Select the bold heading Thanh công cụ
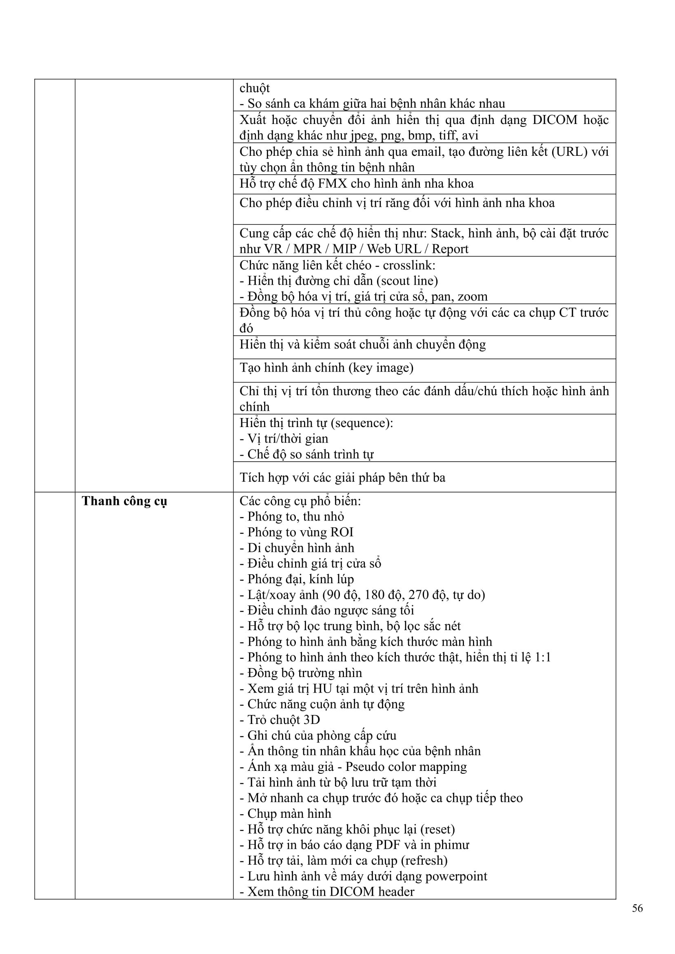(x=124, y=501)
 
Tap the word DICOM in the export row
(x=555, y=120)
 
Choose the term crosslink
(x=409, y=265)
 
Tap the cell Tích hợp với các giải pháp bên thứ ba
(x=342, y=478)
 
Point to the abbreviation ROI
(x=340, y=532)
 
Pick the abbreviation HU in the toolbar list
(x=322, y=688)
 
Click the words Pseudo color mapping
(x=406, y=767)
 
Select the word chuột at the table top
(x=254, y=89)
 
